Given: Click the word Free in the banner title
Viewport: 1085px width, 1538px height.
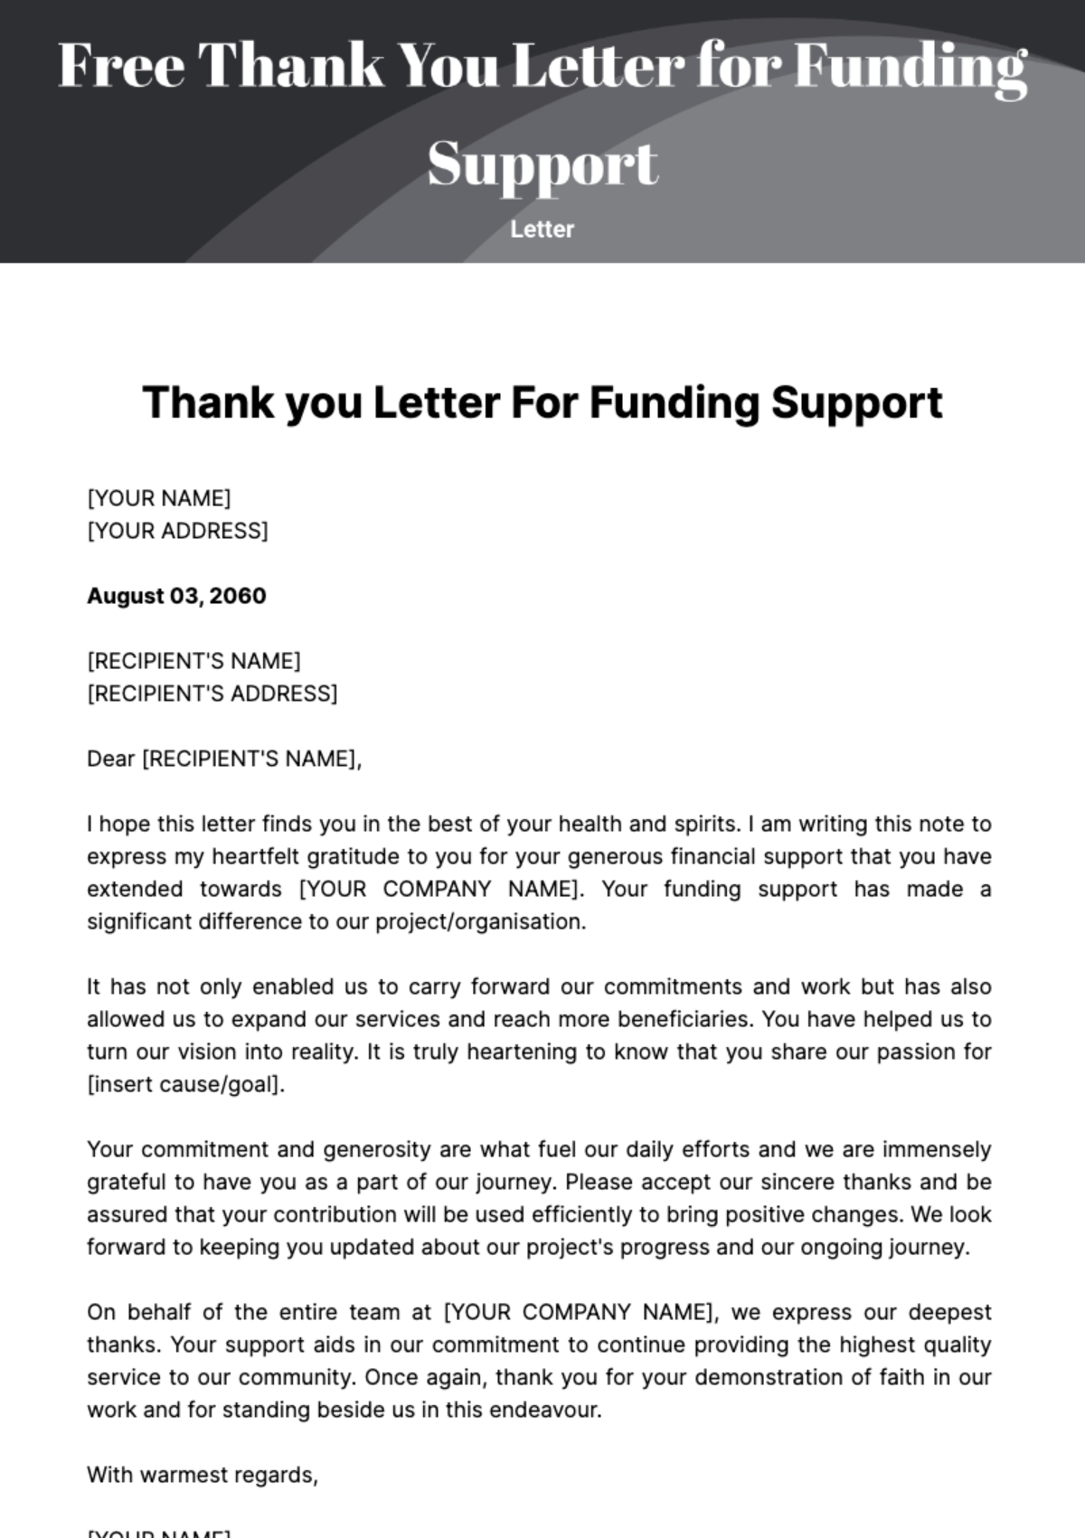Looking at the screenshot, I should click(121, 65).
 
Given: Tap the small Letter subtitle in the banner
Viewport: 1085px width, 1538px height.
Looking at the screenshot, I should click(542, 229).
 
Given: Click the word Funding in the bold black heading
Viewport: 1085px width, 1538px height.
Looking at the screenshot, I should click(674, 402).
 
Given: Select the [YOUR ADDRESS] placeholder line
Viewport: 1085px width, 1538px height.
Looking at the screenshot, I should click(177, 531).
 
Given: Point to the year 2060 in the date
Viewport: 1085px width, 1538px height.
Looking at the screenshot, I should click(238, 596).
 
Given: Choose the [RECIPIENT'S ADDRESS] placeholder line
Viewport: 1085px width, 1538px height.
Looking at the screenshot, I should click(212, 694).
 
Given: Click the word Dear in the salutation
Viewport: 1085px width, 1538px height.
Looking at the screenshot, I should click(110, 759).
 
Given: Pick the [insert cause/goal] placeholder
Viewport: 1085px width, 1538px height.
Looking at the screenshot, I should click(185, 1084).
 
